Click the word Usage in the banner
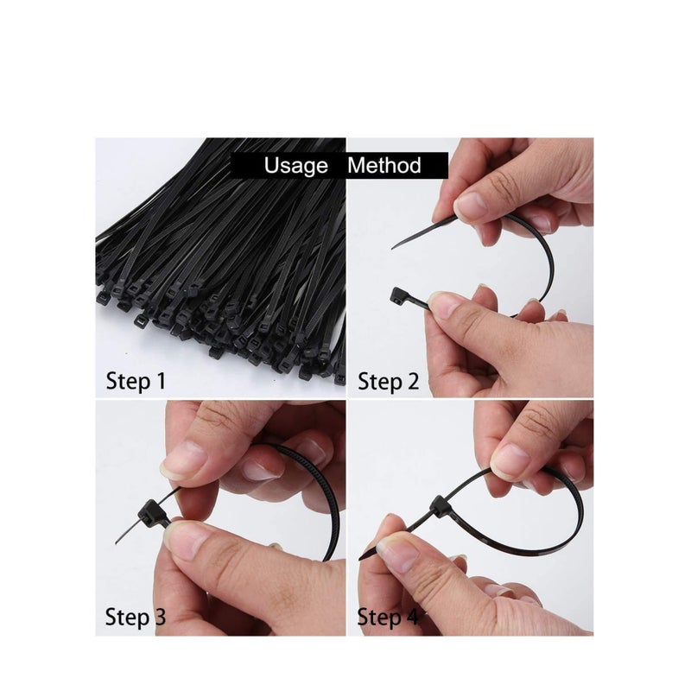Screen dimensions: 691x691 point(296,165)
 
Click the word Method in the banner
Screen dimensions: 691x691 point(384,165)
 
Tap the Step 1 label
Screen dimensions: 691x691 point(136,380)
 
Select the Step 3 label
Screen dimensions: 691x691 point(136,617)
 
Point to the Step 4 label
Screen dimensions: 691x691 point(389,617)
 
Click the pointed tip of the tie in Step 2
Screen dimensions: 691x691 point(395,247)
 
